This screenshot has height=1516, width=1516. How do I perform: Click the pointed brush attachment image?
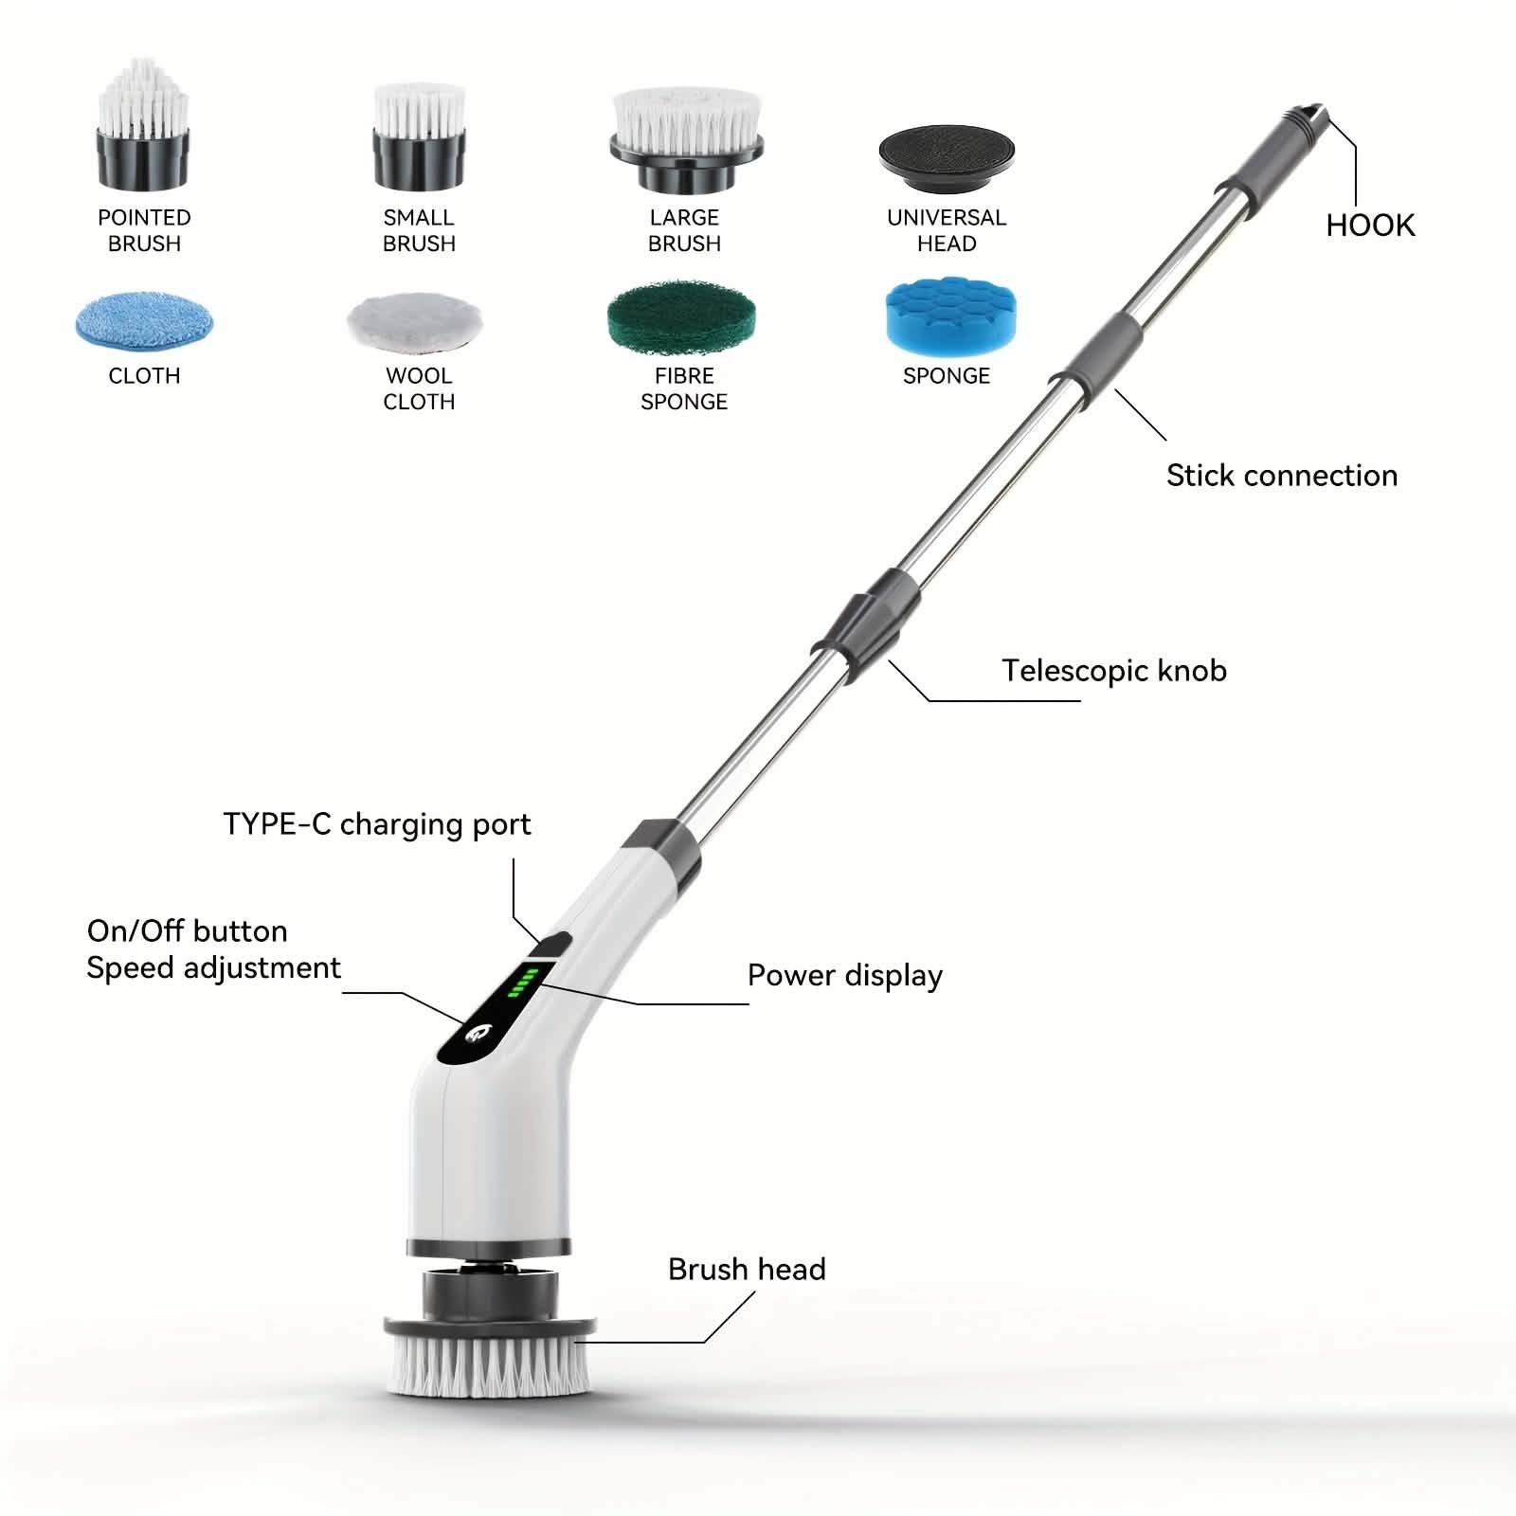click(144, 128)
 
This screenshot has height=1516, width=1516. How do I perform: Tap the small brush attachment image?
click(419, 137)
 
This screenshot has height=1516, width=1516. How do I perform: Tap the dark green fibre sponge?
click(681, 316)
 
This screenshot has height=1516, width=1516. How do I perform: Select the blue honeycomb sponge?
click(948, 316)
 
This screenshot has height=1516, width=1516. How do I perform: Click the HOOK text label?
click(1370, 226)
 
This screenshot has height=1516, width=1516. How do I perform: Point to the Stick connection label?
click(1281, 476)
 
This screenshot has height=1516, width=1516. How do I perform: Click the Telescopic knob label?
click(1114, 671)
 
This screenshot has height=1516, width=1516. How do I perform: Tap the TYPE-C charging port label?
click(377, 824)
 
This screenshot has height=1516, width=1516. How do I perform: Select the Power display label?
click(844, 976)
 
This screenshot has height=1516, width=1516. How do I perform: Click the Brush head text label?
click(747, 1270)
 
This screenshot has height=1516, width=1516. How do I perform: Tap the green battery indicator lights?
click(523, 984)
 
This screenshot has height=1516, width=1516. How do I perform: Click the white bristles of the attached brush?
click(489, 1364)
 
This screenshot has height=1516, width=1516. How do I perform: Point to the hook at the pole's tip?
click(1312, 117)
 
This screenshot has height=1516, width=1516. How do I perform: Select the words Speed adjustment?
click(213, 968)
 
